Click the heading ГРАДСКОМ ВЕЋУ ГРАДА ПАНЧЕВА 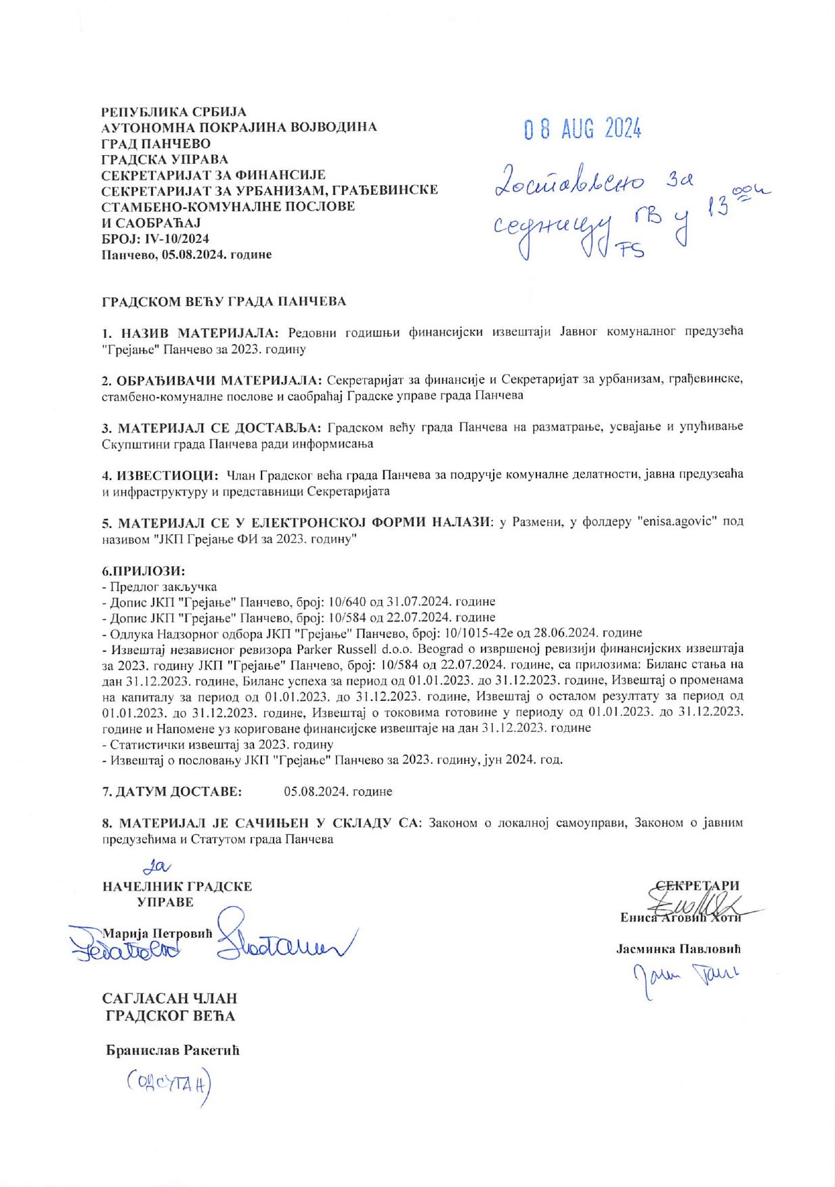coord(223,301)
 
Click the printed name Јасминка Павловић coord(679,949)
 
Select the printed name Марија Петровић coord(156,933)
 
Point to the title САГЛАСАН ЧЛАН coord(169,999)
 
